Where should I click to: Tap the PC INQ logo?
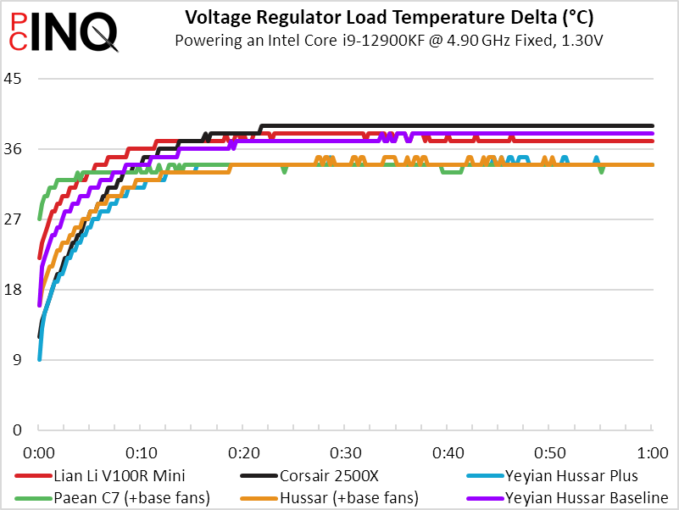pyautogui.click(x=61, y=32)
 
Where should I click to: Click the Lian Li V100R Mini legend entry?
pyautogui.click(x=118, y=475)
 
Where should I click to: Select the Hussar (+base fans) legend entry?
pyautogui.click(x=336, y=497)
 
